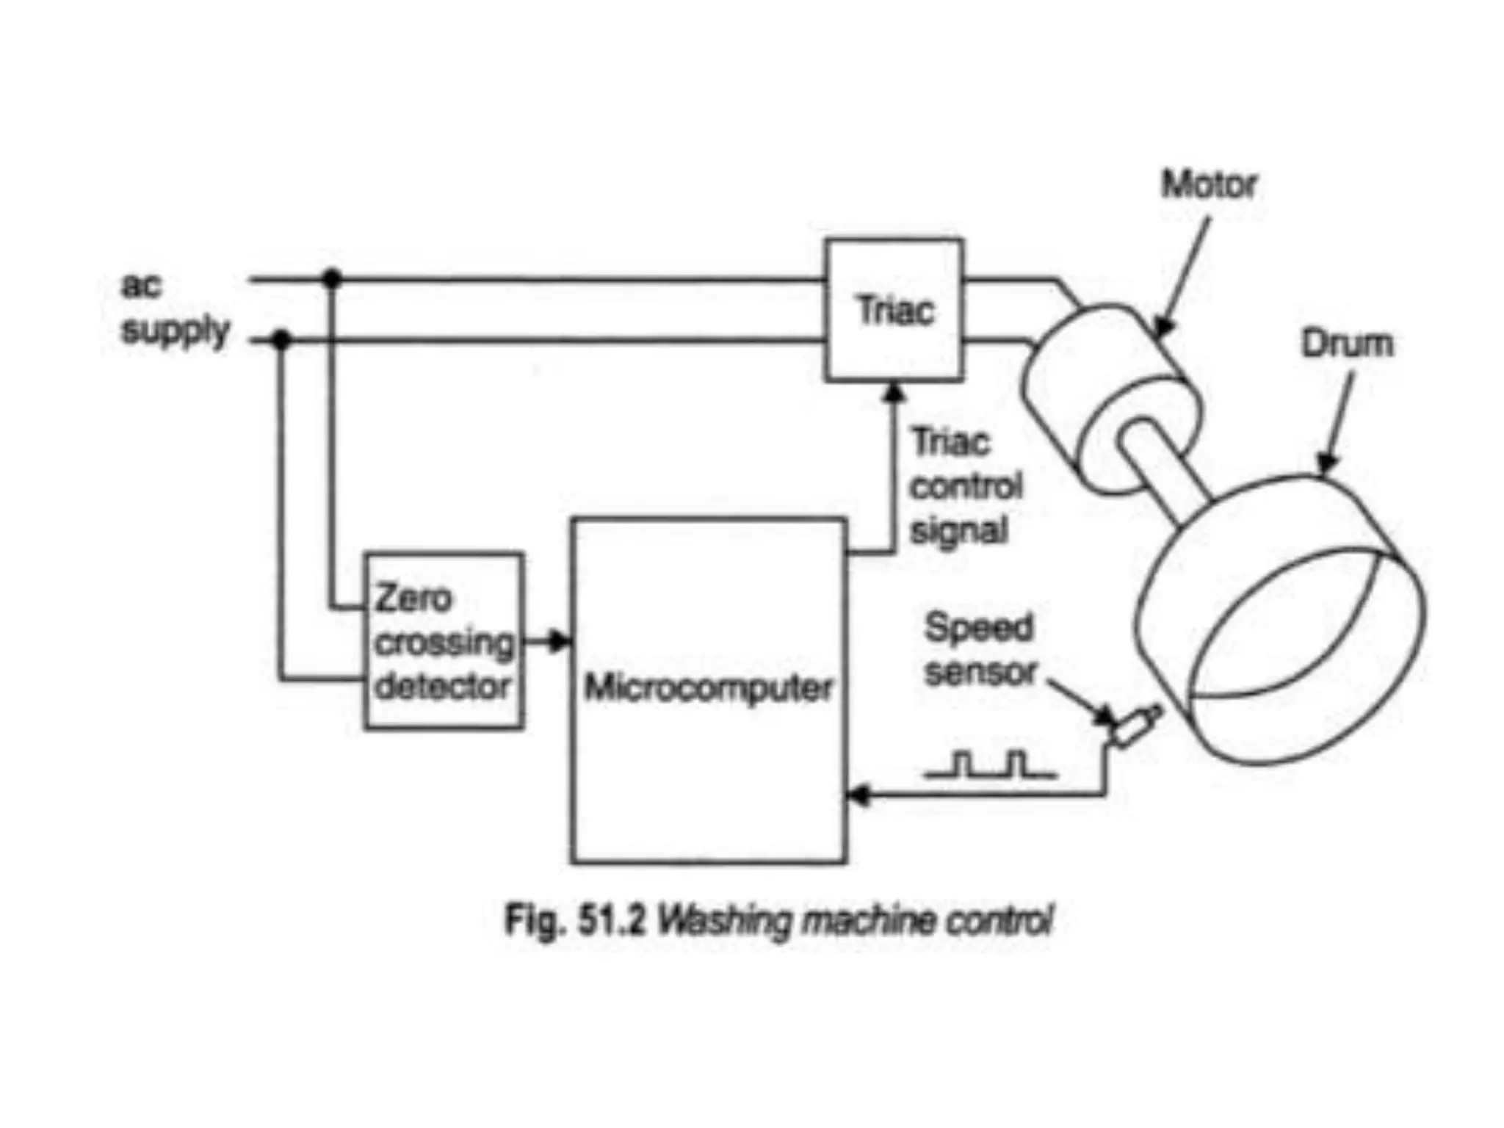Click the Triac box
click(x=894, y=310)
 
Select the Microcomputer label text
click(x=708, y=688)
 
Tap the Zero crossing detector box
click(x=444, y=641)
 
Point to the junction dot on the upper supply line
click(x=332, y=278)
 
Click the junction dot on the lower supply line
click(x=281, y=340)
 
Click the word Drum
click(x=1347, y=343)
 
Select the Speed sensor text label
click(x=980, y=650)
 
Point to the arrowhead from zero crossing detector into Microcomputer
click(x=560, y=641)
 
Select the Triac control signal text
click(x=965, y=486)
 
